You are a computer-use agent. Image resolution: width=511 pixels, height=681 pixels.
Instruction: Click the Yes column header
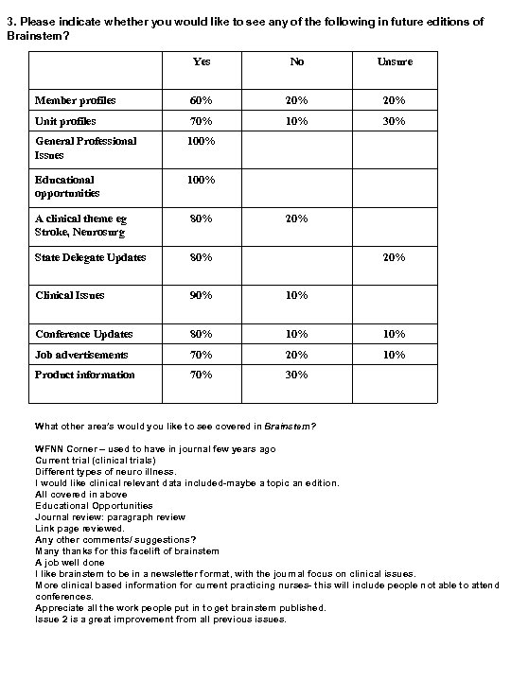click(x=202, y=62)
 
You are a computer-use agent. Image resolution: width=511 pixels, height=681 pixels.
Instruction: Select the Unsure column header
click(x=393, y=62)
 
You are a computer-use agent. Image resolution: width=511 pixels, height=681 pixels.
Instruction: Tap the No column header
click(x=297, y=62)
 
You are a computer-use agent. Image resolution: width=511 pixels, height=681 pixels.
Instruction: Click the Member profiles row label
click(x=76, y=101)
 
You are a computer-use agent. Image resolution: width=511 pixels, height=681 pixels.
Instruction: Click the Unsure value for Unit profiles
click(x=393, y=121)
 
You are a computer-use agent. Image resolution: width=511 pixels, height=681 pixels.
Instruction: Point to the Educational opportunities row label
click(x=66, y=185)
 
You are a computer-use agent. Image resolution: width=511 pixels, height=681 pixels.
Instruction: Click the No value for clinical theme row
click(x=297, y=218)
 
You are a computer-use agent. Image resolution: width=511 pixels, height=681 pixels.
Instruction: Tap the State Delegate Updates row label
click(x=91, y=257)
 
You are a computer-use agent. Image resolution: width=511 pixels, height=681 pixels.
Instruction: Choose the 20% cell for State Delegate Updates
click(x=393, y=257)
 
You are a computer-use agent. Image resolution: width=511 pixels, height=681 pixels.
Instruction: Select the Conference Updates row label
click(x=84, y=334)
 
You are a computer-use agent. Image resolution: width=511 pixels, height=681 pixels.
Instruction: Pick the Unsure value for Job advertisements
click(x=393, y=355)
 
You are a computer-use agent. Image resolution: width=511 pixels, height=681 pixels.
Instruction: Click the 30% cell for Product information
click(x=297, y=375)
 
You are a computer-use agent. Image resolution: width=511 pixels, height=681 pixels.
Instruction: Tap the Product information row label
click(x=85, y=375)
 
